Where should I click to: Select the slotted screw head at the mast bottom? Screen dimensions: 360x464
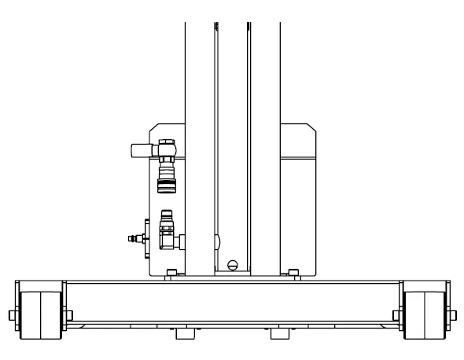(231, 264)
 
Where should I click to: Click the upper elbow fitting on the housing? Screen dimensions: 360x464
(165, 147)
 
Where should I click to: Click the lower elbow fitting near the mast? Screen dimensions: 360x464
(167, 236)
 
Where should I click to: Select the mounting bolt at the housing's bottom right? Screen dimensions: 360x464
(293, 273)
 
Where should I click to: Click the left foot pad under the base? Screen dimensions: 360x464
(184, 334)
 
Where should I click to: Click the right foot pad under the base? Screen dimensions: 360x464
(280, 334)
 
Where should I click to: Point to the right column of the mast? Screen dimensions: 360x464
(264, 118)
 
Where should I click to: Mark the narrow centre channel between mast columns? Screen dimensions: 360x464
(231, 118)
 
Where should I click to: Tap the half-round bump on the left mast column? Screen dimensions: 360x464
(216, 240)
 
